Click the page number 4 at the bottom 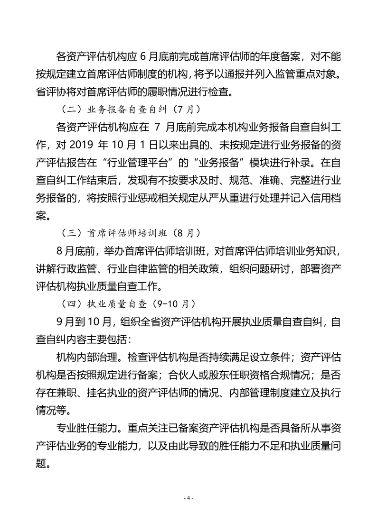(188, 498)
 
